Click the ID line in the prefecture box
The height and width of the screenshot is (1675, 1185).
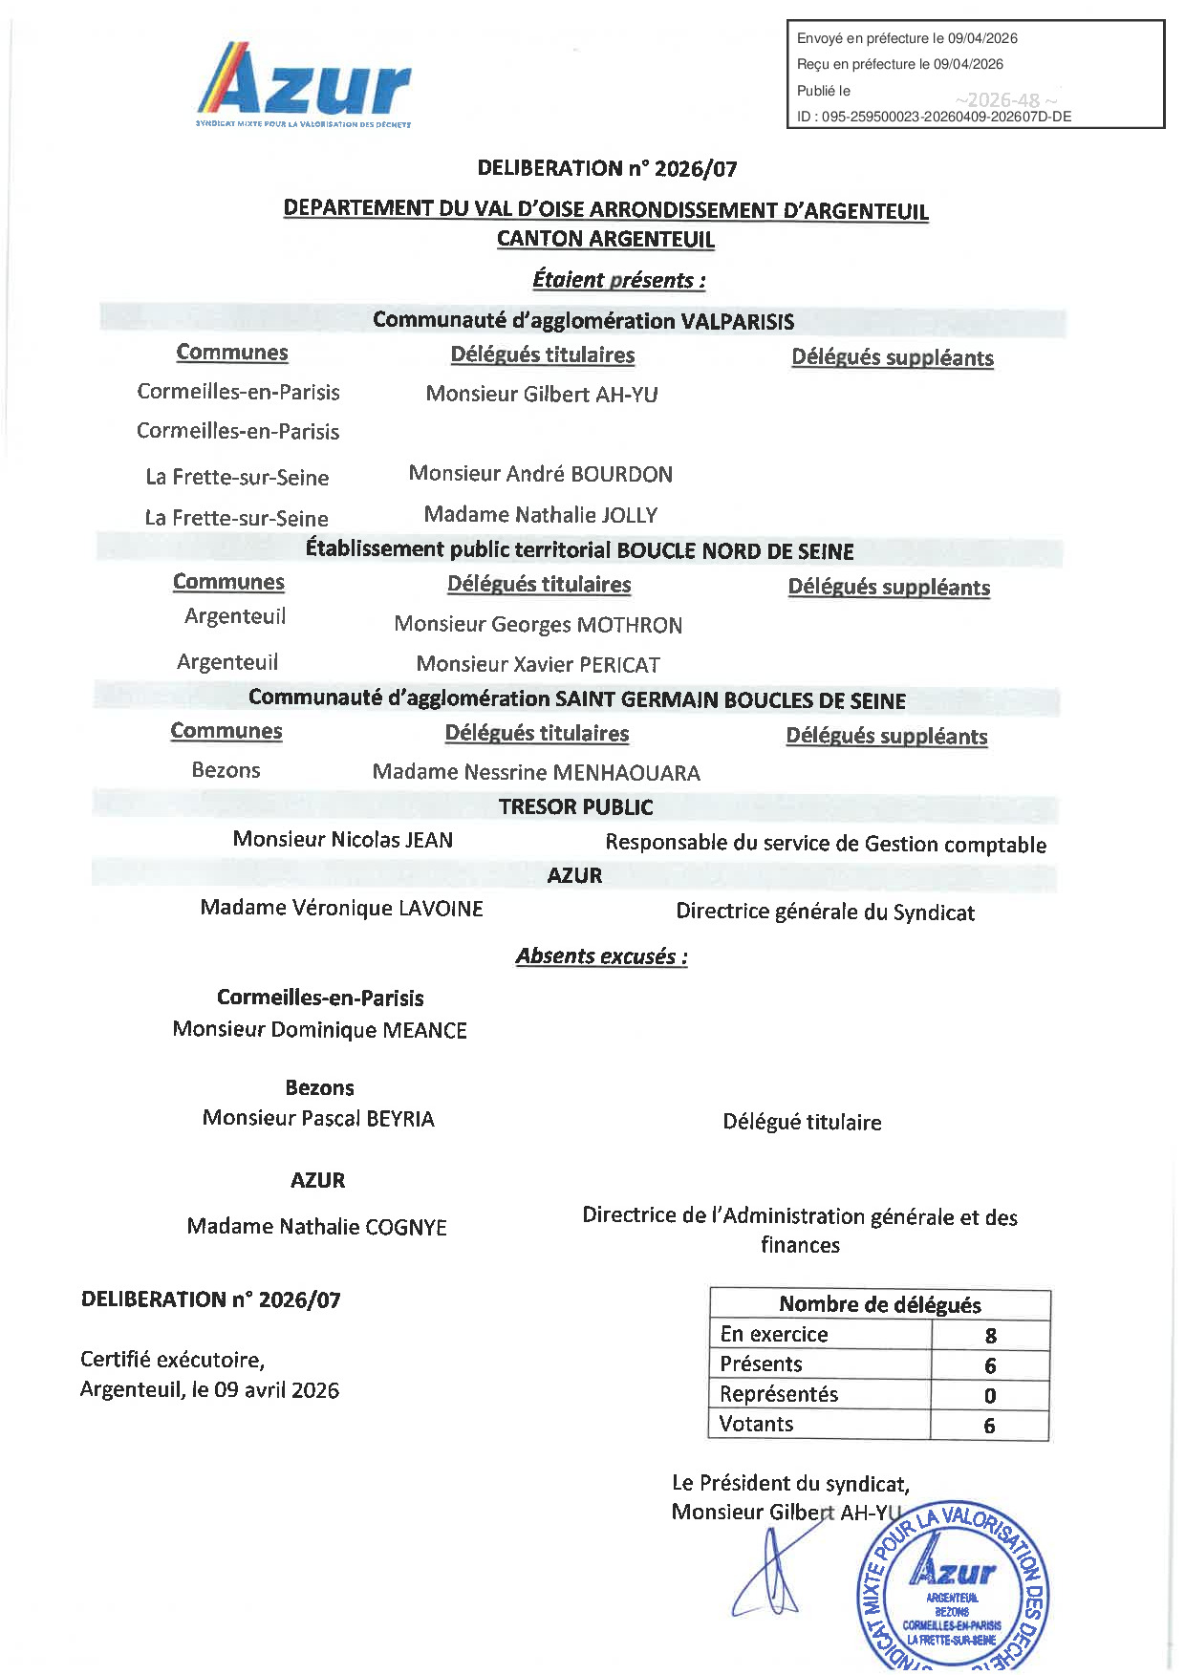934,117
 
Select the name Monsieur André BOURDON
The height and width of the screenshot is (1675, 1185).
541,474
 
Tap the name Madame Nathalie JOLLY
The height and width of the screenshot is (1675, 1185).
541,515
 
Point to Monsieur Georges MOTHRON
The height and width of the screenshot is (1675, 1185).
538,625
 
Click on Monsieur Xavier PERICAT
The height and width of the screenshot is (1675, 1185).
538,664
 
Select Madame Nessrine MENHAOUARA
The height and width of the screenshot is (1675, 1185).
536,772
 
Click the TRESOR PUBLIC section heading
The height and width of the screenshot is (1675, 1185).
575,807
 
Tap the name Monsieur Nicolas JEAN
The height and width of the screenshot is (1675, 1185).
343,840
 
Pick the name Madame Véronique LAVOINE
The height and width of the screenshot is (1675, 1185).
341,909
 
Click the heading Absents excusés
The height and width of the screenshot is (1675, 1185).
601,956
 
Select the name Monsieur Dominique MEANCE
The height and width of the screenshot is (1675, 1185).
320,1030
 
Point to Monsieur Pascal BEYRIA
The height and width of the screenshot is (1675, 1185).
318,1119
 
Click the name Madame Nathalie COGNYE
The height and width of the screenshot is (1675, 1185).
317,1227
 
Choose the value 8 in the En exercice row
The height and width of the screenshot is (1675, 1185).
990,1336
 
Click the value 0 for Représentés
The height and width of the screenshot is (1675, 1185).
990,1396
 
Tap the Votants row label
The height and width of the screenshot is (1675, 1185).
757,1425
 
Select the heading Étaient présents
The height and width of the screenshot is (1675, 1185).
618,280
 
